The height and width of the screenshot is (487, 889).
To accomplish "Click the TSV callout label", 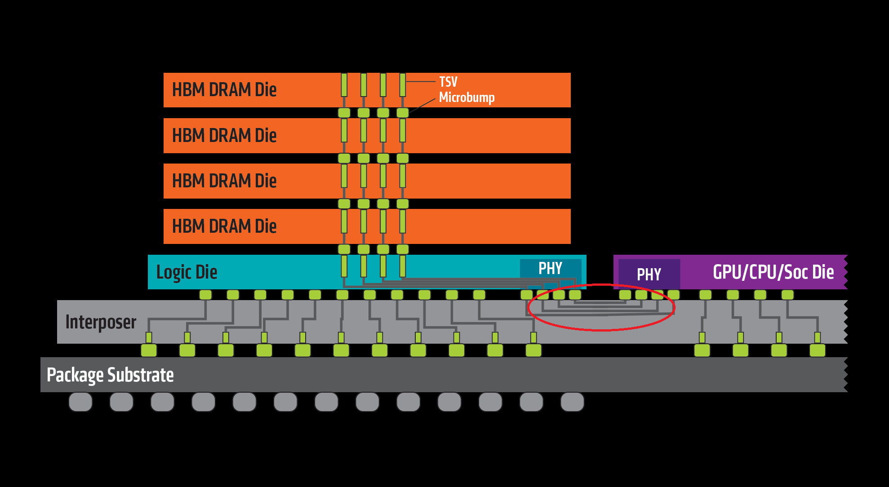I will (x=448, y=82).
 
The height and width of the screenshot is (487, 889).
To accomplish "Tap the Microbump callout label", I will (x=467, y=97).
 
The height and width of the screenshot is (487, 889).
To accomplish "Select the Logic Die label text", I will (x=187, y=272).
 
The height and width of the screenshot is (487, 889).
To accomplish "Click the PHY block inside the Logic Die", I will (x=550, y=269).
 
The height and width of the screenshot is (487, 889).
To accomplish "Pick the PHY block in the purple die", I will (x=649, y=274).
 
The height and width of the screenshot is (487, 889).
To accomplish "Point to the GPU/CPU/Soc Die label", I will (x=773, y=272).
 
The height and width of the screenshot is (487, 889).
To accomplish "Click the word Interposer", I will (x=101, y=322).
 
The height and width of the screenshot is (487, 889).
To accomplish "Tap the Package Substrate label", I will (x=110, y=375).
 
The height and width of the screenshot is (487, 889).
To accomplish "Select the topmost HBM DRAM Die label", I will (x=224, y=90).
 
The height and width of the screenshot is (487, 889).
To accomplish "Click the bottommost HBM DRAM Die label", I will (x=224, y=226).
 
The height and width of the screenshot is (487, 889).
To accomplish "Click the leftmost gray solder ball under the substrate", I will (x=80, y=402).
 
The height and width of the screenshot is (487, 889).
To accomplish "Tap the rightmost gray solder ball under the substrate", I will (x=572, y=402).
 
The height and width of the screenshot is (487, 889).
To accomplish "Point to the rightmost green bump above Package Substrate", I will (x=817, y=350).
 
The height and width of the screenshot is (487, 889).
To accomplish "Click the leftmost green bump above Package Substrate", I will (x=149, y=350).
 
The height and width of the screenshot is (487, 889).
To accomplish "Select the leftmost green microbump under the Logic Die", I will (x=205, y=295).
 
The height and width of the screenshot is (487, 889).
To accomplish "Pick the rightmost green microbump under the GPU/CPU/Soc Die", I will (x=787, y=295).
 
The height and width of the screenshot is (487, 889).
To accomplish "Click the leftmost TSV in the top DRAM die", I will (x=344, y=85).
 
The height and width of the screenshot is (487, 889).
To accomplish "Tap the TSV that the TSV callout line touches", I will (x=403, y=85).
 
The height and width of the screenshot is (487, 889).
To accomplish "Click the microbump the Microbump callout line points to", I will (x=403, y=112).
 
